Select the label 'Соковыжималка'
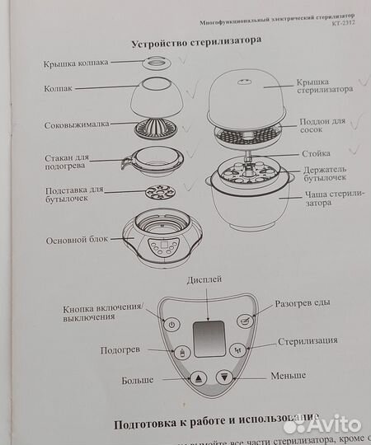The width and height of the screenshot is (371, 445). coord(77,127)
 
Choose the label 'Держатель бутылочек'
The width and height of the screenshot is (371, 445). coord(323,174)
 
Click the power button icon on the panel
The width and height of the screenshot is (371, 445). coord(171,324)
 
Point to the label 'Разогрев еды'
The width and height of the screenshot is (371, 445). coord(303,302)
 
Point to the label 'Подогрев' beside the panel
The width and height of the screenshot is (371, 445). coord(120,350)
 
